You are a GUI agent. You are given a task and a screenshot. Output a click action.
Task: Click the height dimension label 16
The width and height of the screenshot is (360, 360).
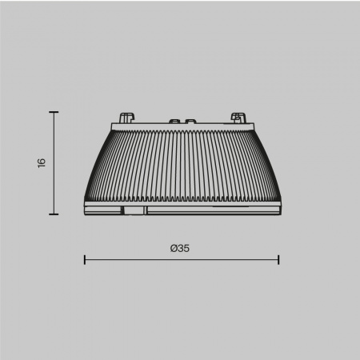tap(41, 162)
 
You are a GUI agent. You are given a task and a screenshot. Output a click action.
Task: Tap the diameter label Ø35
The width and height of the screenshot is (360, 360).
tap(180, 248)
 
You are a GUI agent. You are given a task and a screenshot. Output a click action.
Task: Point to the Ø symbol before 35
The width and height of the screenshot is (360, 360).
tap(174, 248)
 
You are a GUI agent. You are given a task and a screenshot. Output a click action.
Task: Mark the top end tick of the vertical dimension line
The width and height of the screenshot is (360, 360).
tap(54, 113)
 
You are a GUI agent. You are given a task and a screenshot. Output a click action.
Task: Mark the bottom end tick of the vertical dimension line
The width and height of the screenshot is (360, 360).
tap(54, 214)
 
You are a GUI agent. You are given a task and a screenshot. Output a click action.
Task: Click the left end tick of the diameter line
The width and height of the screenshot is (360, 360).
tap(85, 259)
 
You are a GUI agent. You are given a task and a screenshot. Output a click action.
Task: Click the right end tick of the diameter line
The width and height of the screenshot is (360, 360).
tap(278, 259)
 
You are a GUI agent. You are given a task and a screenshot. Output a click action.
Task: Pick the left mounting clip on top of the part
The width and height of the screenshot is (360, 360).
tap(126, 117)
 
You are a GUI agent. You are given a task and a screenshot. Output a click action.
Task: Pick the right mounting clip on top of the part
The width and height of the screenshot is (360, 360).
tap(237, 117)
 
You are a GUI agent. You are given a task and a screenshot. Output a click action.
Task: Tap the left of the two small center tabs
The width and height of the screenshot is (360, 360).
tap(173, 122)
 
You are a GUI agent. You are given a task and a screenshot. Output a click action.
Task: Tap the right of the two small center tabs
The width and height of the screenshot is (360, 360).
tap(190, 122)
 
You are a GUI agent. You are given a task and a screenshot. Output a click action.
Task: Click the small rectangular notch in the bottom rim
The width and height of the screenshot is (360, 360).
tap(134, 210)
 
